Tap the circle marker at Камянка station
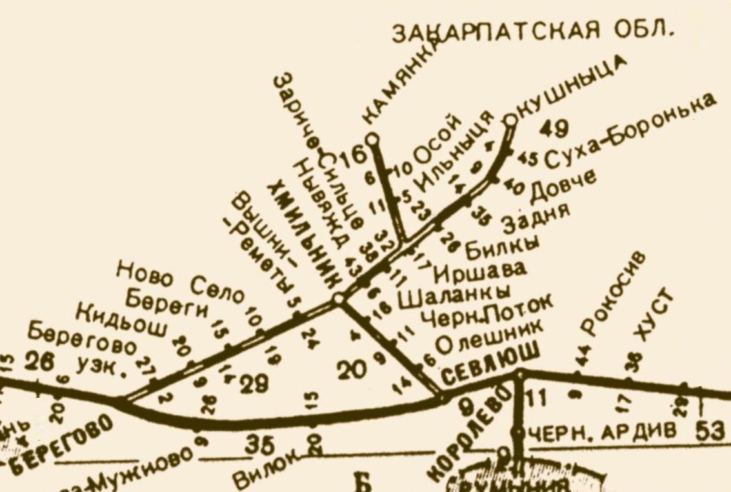tap(372, 139)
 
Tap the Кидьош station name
tap(123, 322)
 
